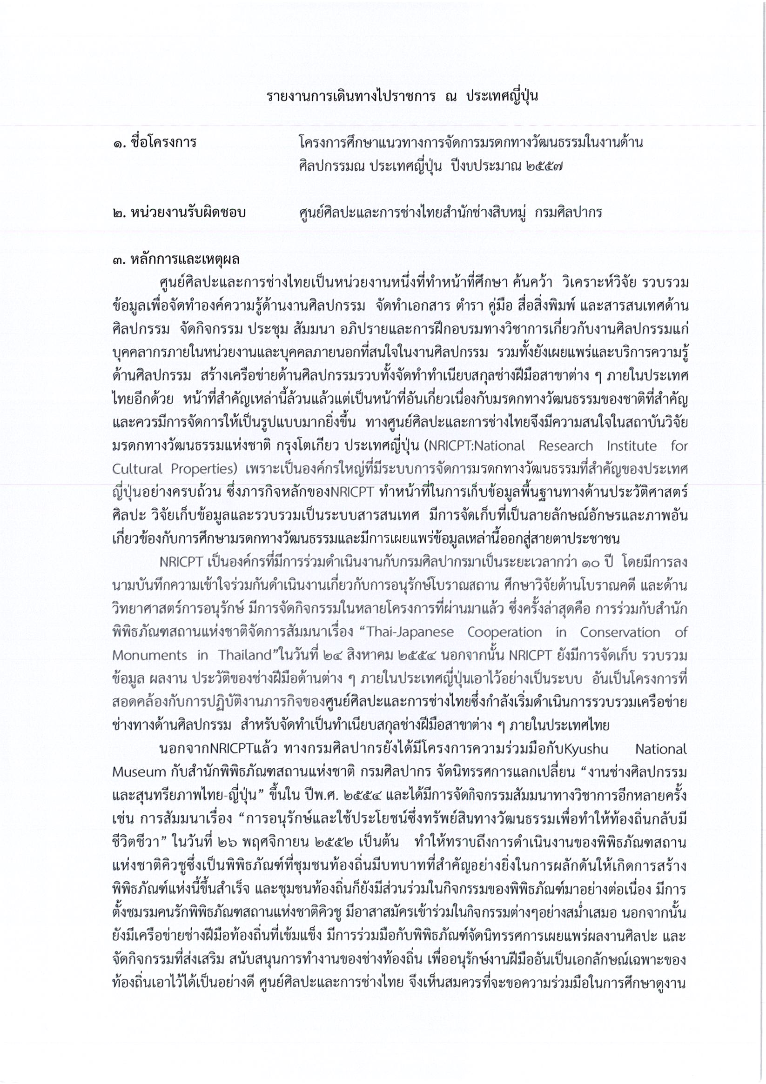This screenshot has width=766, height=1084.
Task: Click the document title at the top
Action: click(x=402, y=96)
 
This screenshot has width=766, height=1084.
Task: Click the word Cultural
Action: click(x=137, y=469)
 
